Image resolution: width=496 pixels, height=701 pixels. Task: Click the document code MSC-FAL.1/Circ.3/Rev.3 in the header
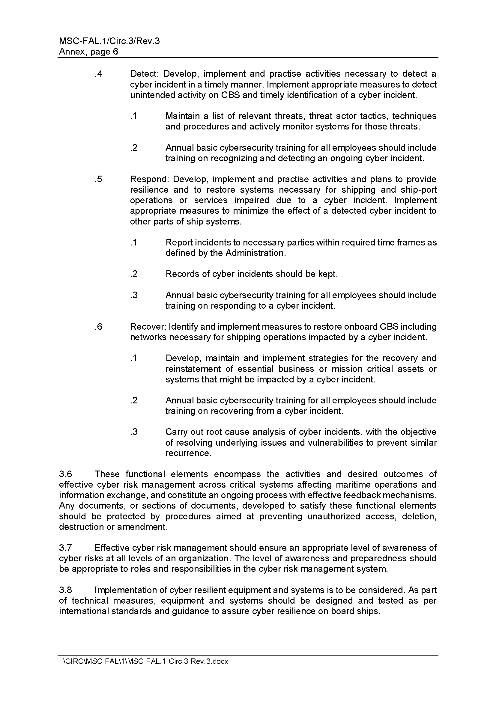[109, 41]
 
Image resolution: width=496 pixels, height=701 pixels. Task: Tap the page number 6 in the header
[115, 52]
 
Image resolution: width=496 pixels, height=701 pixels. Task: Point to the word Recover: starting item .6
[148, 327]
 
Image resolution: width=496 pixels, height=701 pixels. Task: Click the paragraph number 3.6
[65, 474]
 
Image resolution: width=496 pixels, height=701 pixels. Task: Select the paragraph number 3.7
[65, 548]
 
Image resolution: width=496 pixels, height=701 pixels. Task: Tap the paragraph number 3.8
[65, 590]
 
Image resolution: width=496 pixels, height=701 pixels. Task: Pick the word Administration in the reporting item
[255, 253]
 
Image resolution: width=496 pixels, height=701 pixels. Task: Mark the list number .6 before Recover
[98, 327]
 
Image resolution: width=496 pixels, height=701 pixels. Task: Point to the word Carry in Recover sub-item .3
[175, 432]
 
